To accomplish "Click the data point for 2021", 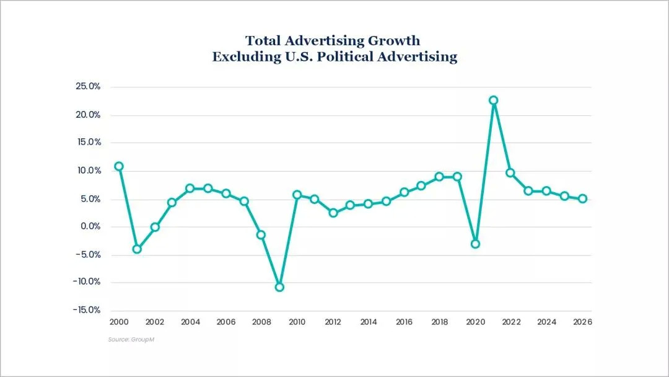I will tap(493, 100).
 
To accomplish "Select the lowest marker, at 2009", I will tap(279, 287).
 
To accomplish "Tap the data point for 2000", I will tap(119, 166).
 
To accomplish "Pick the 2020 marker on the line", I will tap(475, 244).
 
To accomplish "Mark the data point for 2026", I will tap(582, 199).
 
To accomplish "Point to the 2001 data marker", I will tap(137, 249).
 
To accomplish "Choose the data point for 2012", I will tap(333, 213).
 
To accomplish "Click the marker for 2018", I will tap(439, 177).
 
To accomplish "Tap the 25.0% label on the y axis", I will tap(88, 87).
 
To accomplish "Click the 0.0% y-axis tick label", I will tap(90, 227).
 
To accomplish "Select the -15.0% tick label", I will tap(87, 310).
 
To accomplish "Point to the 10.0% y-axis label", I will tap(89, 171).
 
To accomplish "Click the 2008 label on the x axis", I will tap(261, 322).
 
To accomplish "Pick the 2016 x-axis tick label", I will tap(404, 322).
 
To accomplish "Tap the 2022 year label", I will tap(511, 322).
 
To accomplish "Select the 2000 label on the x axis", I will tap(119, 322).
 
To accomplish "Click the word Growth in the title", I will tap(394, 41).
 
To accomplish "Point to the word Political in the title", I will tap(338, 57).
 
